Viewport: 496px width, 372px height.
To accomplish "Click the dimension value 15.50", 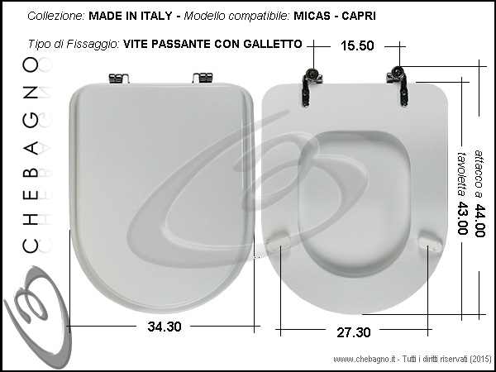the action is coord(357,45).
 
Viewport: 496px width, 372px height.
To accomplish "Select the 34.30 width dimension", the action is coord(165,327).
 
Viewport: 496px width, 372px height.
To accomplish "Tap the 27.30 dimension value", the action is coord(353,332).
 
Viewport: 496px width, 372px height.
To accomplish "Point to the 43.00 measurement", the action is coord(462,218).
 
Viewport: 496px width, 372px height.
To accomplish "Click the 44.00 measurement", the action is coord(479,221).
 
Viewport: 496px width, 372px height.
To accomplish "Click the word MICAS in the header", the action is coord(312,16).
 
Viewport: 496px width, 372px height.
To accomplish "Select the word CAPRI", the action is coord(359,16).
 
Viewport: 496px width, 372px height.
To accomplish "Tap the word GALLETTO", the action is coord(273,44).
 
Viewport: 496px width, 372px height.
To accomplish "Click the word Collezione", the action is coord(56,16).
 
